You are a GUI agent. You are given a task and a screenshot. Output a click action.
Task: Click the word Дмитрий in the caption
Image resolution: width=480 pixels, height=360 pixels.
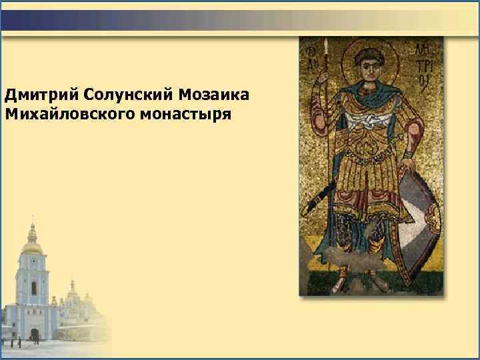tap(41, 95)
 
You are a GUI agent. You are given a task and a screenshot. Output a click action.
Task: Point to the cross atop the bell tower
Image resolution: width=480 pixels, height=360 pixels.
tap(31, 218)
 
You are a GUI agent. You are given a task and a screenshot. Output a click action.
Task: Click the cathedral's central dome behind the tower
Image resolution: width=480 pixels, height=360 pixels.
tap(72, 287)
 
